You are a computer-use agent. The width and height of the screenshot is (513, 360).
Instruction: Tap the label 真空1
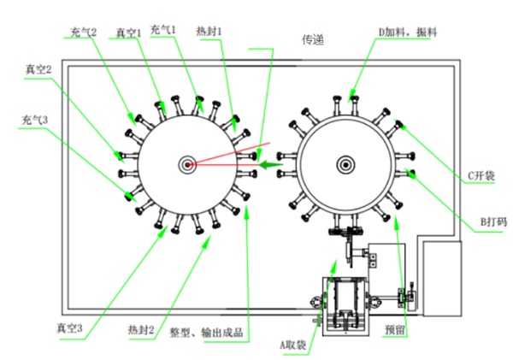(x=128, y=32)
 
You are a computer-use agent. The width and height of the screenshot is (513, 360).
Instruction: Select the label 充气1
(x=162, y=29)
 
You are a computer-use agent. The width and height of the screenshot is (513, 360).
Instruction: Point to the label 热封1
(x=209, y=29)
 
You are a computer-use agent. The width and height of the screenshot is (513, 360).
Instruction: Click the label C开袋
(x=481, y=178)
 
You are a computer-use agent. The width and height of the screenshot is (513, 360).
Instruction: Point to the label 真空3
(x=71, y=328)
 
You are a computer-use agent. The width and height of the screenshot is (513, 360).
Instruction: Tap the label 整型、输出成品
(x=207, y=329)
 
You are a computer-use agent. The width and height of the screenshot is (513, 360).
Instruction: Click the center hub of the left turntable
(x=186, y=164)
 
